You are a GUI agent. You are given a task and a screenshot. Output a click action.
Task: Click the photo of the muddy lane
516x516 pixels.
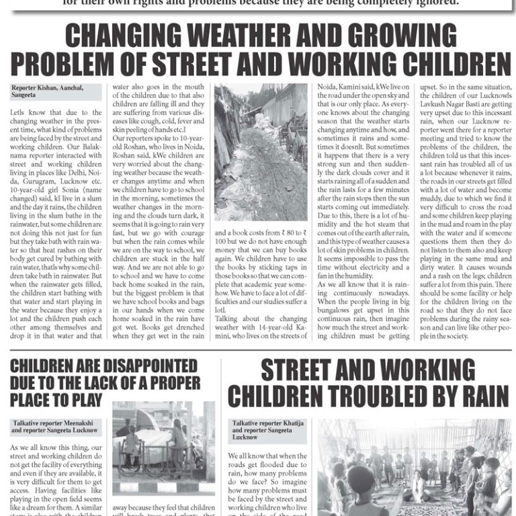point(261,152)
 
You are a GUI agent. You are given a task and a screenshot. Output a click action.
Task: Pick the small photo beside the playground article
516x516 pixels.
point(163,448)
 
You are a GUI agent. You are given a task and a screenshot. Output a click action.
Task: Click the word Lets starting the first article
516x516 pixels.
point(18,113)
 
